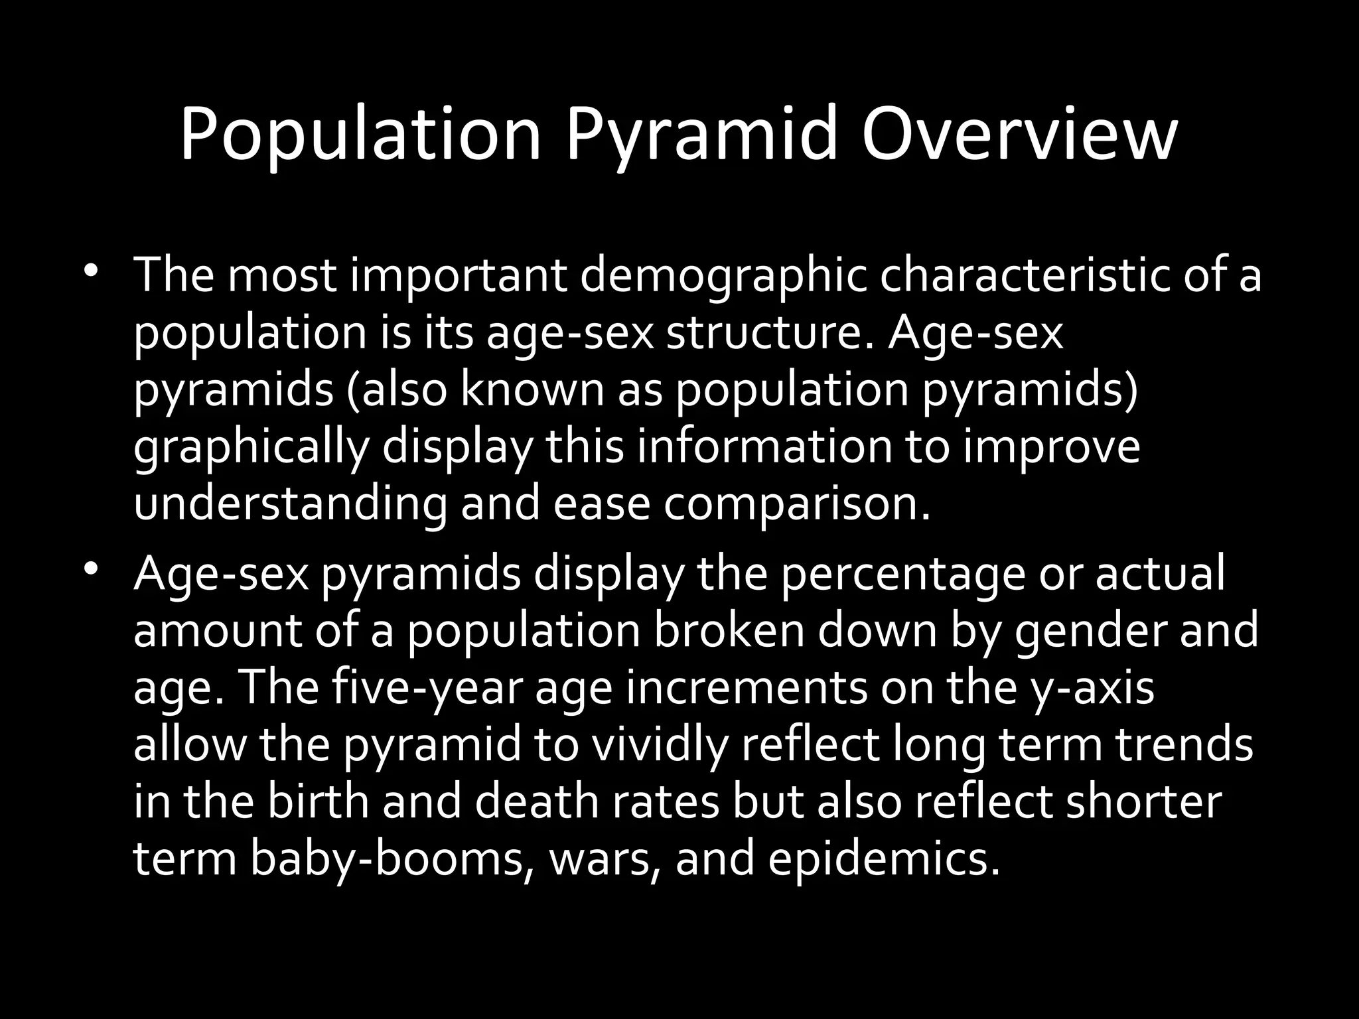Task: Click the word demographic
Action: [x=723, y=277]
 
